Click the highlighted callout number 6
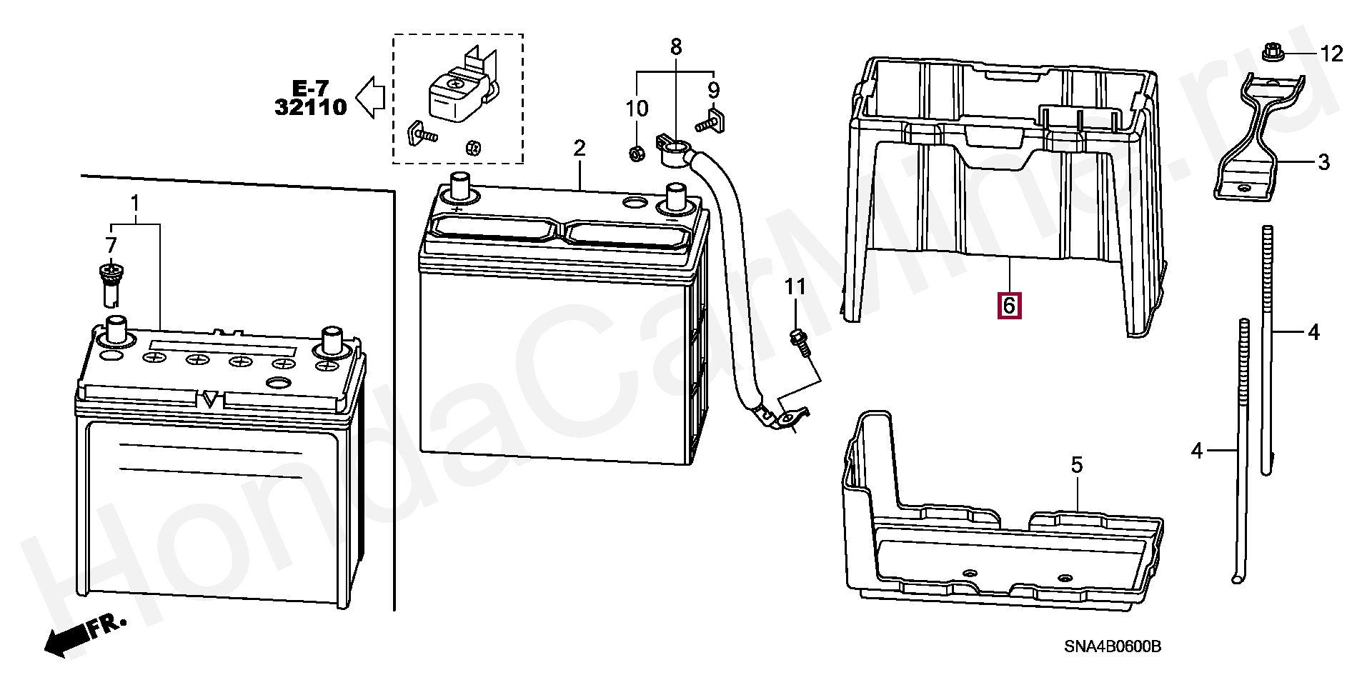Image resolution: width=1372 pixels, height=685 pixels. click(x=1009, y=306)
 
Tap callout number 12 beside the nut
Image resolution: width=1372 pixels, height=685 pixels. click(x=1331, y=54)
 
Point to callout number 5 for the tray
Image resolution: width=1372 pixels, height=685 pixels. click(x=1077, y=466)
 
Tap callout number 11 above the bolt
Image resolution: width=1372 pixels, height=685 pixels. click(x=795, y=287)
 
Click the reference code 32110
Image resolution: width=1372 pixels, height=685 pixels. click(x=311, y=108)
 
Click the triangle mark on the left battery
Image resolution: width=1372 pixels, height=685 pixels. click(x=209, y=399)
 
